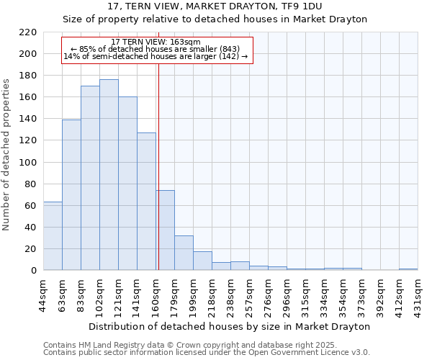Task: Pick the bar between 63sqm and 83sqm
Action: pos(71,195)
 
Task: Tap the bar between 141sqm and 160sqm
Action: pos(146,202)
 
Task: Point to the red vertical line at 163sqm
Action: pos(158,166)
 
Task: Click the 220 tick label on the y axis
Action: pos(28,32)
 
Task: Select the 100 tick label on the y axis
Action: pos(28,163)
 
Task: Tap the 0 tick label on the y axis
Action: pos(34,271)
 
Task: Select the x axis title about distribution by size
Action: pos(230,326)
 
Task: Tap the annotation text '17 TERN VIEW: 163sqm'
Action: pos(156,42)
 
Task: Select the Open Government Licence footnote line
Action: pos(207,352)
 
